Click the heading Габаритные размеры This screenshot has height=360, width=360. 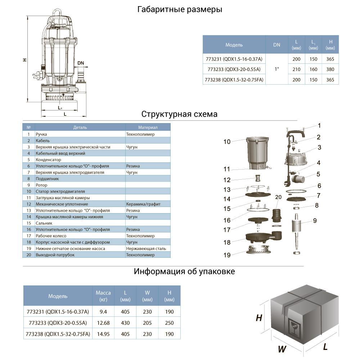(180, 10)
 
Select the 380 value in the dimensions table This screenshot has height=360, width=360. (330, 69)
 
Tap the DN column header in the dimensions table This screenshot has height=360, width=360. (276, 45)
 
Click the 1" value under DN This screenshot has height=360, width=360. (276, 69)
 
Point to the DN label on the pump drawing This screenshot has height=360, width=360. (81, 63)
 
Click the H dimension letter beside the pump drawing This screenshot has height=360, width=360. (24, 60)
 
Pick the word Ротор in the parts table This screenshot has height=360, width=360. (41, 185)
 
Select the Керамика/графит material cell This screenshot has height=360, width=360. (143, 204)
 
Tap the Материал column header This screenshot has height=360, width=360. (148, 127)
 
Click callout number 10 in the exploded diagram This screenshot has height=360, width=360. (227, 142)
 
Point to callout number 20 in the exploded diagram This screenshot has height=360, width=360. (278, 197)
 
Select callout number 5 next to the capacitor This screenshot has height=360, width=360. (318, 174)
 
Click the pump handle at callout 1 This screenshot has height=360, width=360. (296, 133)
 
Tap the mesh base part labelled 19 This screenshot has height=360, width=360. (259, 250)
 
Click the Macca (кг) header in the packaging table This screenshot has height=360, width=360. (103, 296)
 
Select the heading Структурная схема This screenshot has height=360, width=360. (179, 114)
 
